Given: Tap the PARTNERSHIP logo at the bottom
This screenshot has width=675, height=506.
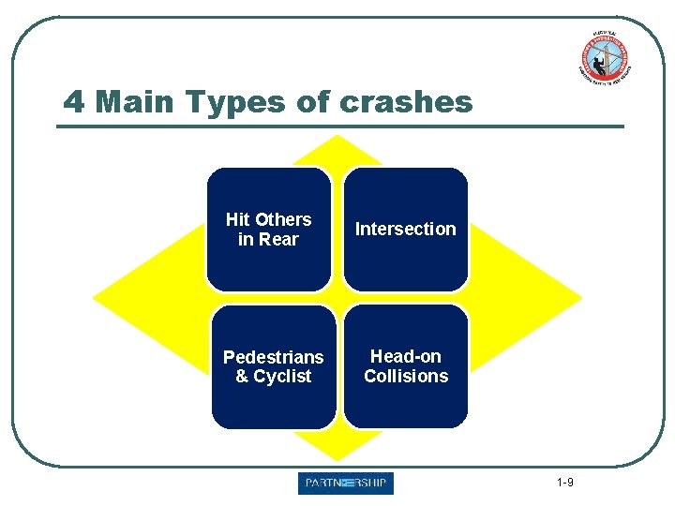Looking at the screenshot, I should coord(346,484).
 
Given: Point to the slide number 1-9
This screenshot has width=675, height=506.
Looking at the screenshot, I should coord(564,483).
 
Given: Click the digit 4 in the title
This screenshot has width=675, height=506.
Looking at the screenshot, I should coord(74,101).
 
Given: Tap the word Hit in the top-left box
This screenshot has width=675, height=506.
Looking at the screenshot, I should coord(237,219).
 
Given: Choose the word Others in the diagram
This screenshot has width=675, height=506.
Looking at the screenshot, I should coord(282,219).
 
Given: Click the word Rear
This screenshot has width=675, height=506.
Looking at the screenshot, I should coord(278,239).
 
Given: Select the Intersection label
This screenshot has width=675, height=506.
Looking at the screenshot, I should coord(405,229).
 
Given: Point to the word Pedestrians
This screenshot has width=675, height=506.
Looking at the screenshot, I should coord(273,357).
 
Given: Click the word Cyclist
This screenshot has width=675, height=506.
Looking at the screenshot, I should coord(282,377).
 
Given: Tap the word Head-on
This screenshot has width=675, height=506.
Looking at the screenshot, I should coord(406,356).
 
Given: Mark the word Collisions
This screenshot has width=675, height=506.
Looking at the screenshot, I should coord(406,376).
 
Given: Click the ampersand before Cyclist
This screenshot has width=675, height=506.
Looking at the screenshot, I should coord(242,377).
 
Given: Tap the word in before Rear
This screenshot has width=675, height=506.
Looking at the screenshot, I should coord(246,239).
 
